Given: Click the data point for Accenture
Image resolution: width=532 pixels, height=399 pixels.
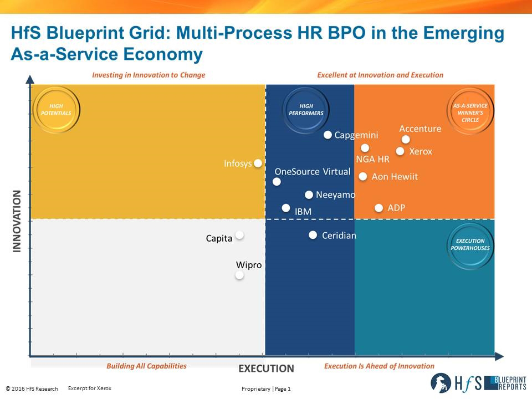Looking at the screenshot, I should [406, 140].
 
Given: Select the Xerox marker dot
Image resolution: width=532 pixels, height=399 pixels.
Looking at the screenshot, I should [400, 151].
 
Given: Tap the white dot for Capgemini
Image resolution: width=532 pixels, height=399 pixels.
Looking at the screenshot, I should [328, 135].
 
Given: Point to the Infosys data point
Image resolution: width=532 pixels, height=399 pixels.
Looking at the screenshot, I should [258, 163].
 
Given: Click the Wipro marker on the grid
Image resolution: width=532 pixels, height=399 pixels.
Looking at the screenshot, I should [239, 275].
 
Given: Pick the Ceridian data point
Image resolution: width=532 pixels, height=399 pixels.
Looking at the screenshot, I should [313, 236].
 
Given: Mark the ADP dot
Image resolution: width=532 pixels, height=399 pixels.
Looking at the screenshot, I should [378, 208].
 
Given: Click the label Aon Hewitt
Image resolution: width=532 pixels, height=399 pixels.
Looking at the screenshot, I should [395, 177].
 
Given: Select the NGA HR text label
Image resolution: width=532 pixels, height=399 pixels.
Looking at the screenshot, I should [372, 160].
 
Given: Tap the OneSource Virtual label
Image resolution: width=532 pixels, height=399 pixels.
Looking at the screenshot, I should [313, 171].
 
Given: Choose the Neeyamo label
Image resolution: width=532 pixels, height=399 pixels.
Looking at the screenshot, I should [335, 195].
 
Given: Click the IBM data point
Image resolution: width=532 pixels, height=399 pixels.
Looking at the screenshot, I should [286, 208].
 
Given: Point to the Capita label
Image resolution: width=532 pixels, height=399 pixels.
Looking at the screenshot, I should [219, 239].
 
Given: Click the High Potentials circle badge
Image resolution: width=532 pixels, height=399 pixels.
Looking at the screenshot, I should [56, 109].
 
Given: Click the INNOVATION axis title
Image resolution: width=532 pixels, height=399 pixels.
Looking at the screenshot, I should [17, 221].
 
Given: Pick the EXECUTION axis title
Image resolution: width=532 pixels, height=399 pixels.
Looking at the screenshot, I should [266, 369].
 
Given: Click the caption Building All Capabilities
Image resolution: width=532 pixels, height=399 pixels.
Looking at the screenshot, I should [146, 366].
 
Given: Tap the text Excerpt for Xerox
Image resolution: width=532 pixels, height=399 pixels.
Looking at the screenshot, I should [89, 388].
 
